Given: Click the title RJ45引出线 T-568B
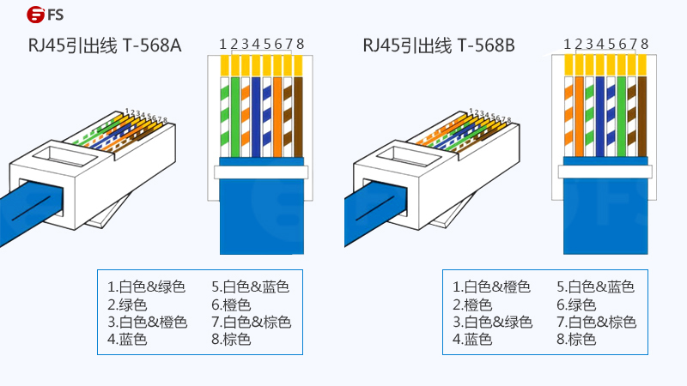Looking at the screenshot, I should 439,45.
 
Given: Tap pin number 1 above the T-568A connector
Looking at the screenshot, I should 222,44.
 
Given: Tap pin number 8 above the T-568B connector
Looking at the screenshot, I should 644,44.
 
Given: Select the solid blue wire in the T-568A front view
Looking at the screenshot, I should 256,116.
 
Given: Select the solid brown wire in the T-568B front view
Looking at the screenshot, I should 642,116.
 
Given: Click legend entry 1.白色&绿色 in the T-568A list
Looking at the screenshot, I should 146,286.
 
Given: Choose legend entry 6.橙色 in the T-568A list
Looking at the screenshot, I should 231,305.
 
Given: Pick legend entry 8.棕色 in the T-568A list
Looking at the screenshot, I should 231,341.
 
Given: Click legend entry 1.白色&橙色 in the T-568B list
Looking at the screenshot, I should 491,286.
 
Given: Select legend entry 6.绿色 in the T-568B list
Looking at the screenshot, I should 576,305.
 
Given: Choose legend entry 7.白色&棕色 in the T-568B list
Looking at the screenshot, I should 596,323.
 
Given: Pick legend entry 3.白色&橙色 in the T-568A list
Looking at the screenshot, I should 147,323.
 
